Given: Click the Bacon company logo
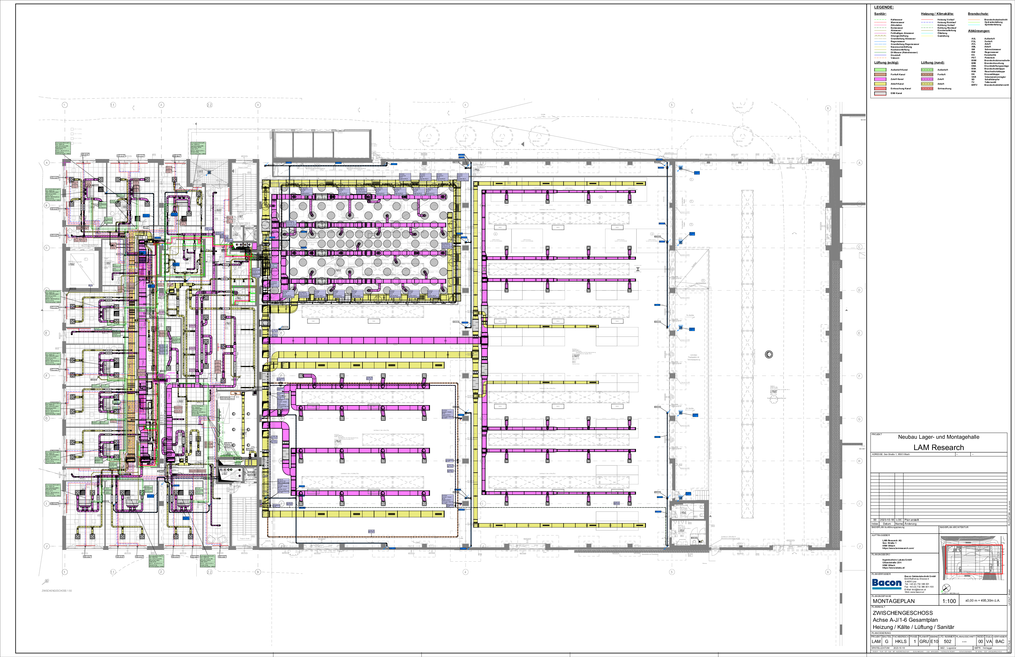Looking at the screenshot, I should click(886, 583).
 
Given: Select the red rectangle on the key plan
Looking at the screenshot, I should click(974, 559).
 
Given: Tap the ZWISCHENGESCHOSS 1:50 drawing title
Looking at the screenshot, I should click(57, 591).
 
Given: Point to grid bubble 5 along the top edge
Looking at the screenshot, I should click(672, 105).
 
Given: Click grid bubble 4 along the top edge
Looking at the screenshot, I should click(465, 105).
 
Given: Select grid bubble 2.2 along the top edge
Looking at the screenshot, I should click(209, 105).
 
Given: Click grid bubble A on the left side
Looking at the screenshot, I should click(47, 163).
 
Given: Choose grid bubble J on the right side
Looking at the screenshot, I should click(859, 546).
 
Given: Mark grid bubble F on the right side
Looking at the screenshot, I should click(859, 376).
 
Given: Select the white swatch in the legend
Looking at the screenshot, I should click(880, 93).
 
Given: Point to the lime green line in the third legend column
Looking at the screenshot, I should click(974, 22).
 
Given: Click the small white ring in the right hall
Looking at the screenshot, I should click(768, 354).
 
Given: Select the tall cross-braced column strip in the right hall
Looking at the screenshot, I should click(747, 354).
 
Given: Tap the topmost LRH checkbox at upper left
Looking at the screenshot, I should click(72, 129).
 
